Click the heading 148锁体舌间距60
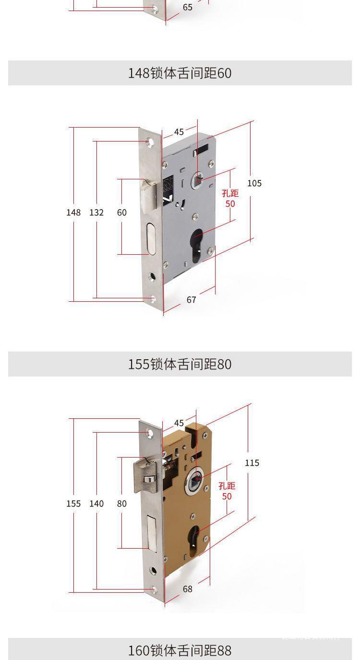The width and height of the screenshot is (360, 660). point(180,73)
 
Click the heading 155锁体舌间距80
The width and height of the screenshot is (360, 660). point(180,364)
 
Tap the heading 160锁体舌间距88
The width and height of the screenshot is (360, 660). point(180,650)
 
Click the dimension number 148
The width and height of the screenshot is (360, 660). point(73,212)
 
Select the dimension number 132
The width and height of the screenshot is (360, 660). point(96,212)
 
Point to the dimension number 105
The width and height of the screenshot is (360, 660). point(254,183)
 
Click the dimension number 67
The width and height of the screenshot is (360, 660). point(192,300)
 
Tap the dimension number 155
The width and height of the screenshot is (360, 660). point(73,504)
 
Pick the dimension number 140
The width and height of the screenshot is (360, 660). point(96,504)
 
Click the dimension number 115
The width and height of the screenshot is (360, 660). point(252,463)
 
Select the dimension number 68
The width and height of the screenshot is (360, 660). point(188,589)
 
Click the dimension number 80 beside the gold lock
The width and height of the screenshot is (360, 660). point(122,504)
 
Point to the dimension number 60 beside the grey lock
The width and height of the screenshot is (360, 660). point(122,212)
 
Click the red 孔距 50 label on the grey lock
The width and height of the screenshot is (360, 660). point(230,199)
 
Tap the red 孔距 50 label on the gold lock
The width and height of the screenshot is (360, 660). point(227,491)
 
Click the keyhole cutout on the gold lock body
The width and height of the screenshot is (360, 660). point(194,540)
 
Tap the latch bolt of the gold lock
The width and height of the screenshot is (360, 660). point(148,477)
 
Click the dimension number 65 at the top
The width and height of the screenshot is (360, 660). point(188,7)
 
